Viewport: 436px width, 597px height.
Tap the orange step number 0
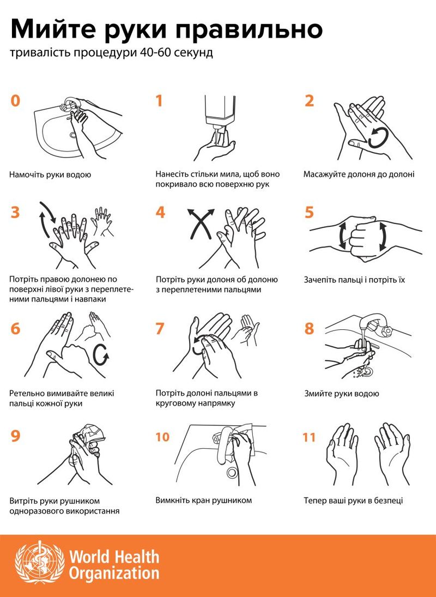pos(15,101)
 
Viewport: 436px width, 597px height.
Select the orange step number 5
pos(310,213)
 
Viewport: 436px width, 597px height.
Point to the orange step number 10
pos(162,437)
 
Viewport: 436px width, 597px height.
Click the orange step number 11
pos(309,437)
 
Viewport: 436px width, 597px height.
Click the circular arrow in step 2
pos(379,137)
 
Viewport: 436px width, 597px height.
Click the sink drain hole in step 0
pos(72,135)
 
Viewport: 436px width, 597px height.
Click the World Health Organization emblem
pos(40,562)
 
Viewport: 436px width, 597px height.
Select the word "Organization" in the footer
pos(114,573)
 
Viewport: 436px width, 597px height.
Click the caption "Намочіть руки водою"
pos(50,175)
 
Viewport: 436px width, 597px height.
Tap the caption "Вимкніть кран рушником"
pos(203,500)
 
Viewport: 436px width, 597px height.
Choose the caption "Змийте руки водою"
pos(341,393)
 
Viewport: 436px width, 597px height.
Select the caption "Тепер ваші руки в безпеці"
pos(353,500)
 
